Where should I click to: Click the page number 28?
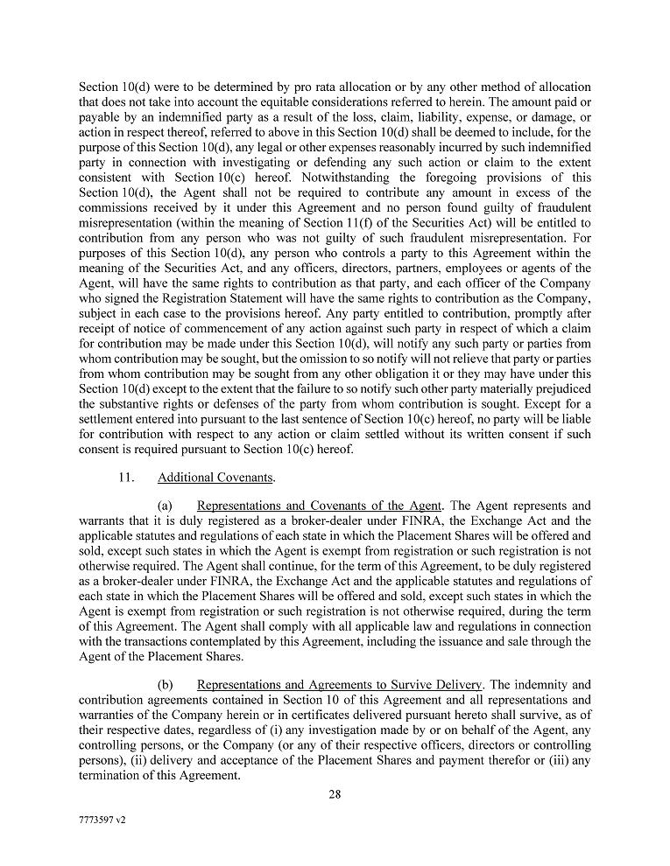coord(335,794)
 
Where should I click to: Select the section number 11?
coord(125,478)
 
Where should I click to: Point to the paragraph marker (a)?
coord(166,506)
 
